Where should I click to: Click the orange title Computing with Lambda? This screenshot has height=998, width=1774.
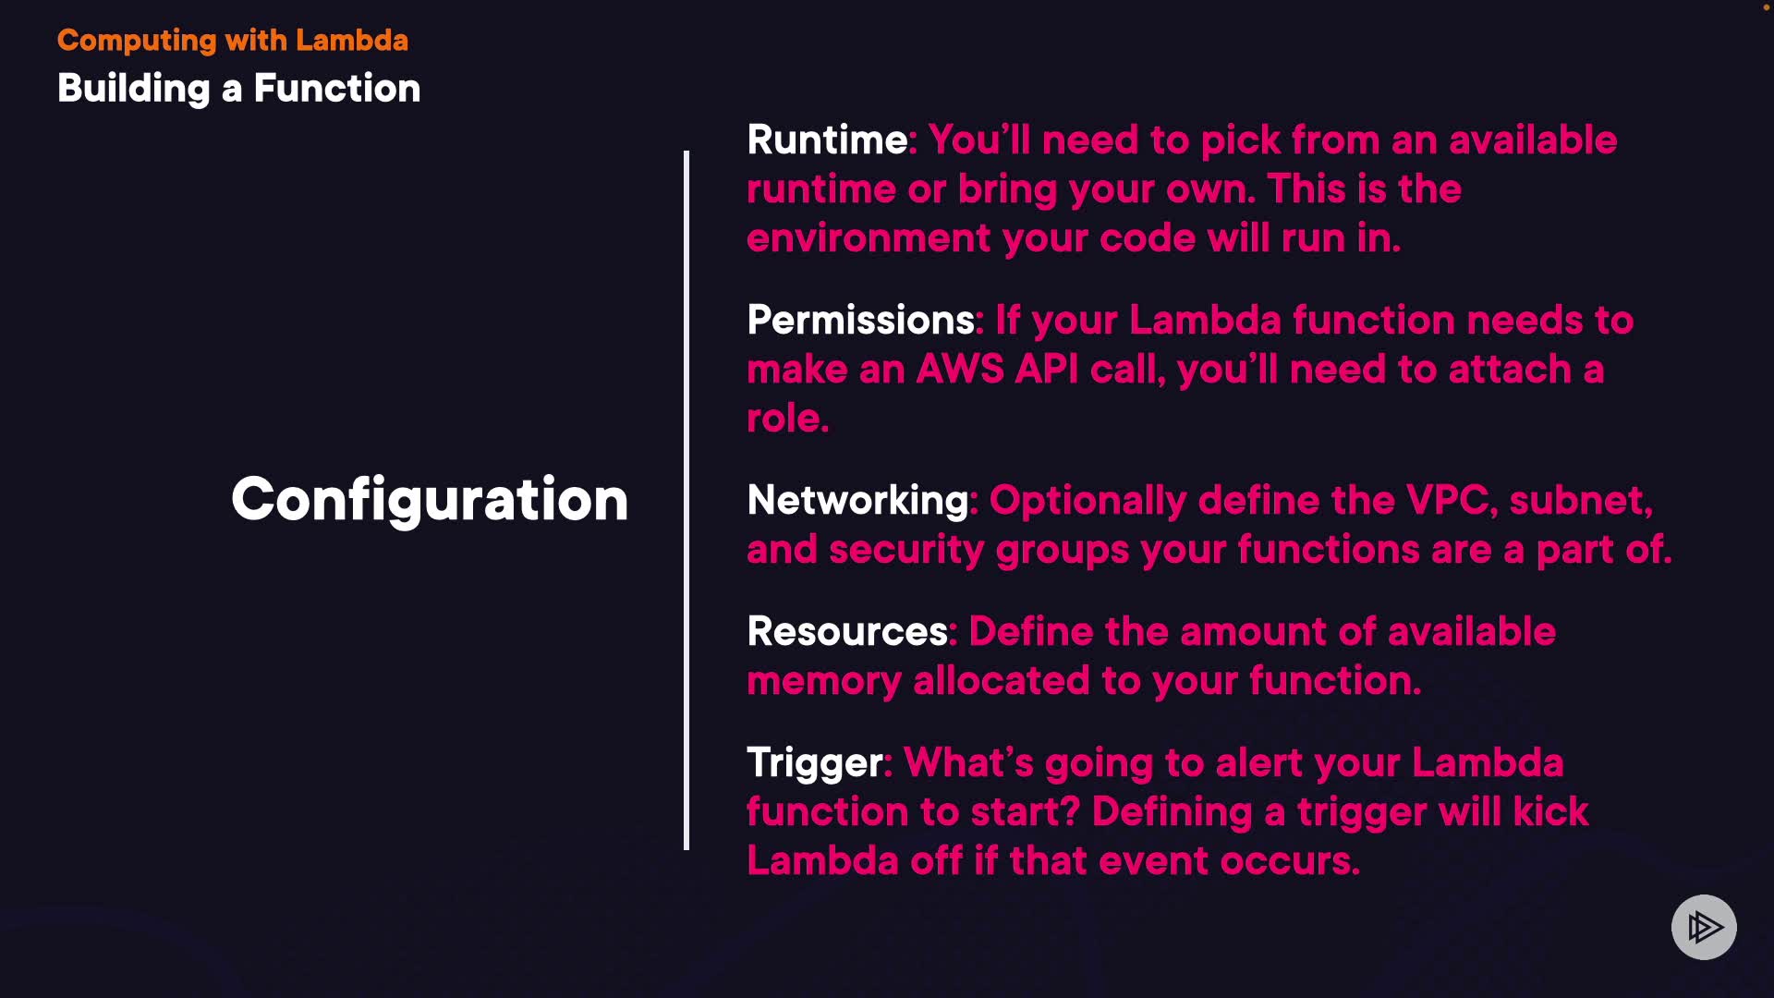point(233,41)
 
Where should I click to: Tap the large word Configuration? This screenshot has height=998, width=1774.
point(430,501)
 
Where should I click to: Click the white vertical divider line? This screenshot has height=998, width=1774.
point(687,500)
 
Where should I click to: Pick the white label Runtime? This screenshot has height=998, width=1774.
point(827,140)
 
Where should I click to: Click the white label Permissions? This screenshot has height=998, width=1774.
point(860,321)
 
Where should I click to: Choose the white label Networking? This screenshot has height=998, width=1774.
point(857,501)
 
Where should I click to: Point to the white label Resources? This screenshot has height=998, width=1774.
point(847,632)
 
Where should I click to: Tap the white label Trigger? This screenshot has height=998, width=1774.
point(814,764)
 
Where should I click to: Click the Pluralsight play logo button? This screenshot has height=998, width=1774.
point(1704,927)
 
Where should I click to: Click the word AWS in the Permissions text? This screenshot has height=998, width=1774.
point(960,370)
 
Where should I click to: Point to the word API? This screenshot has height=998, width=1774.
point(1047,370)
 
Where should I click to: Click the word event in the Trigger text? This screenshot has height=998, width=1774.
point(1153,861)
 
